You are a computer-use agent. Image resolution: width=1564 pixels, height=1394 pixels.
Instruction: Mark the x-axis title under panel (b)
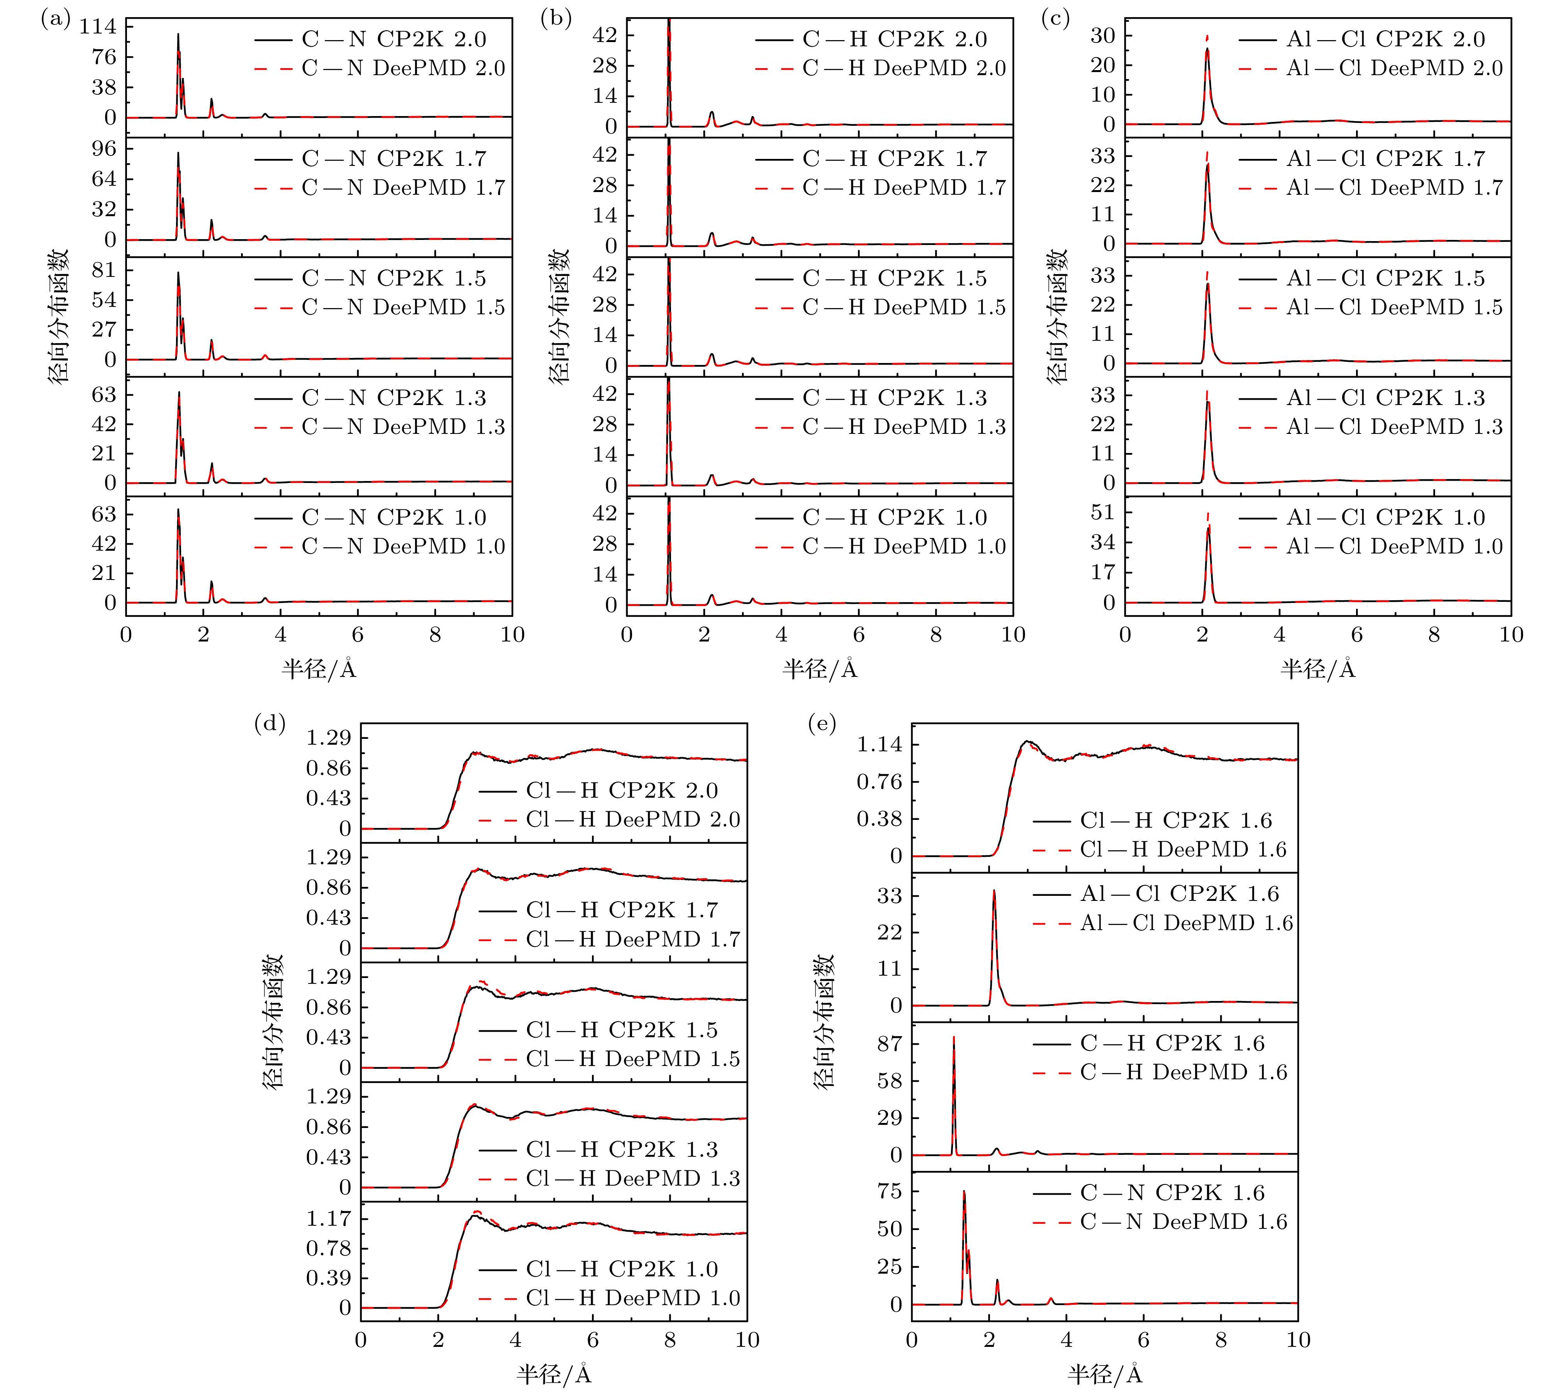(819, 670)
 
